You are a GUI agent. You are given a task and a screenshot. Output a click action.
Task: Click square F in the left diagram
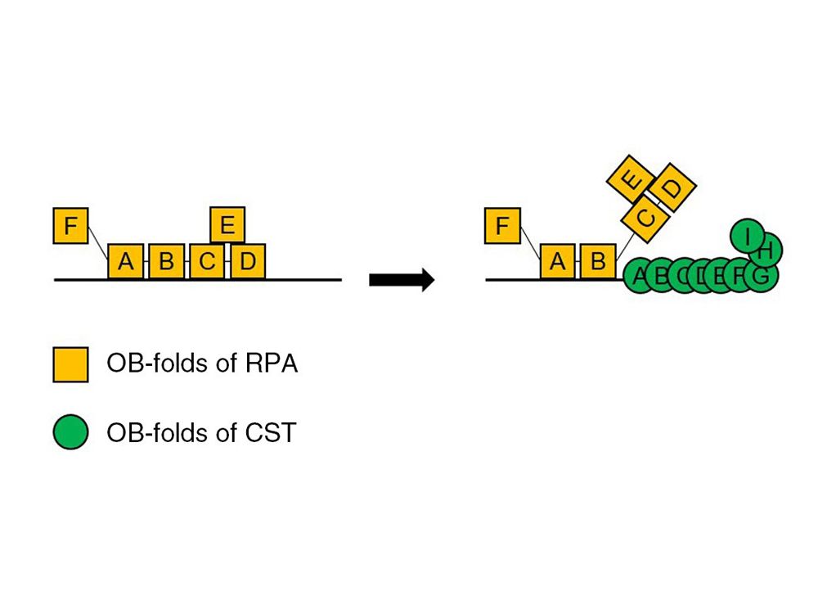(x=70, y=225)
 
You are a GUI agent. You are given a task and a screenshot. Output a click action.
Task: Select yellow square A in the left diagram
(x=125, y=261)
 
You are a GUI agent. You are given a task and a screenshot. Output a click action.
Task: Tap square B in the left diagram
(x=166, y=261)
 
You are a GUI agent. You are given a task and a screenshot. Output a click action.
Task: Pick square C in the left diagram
(x=207, y=261)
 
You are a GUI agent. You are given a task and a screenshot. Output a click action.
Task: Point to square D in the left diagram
(x=248, y=261)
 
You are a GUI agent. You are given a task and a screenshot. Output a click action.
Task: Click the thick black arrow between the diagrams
(x=401, y=280)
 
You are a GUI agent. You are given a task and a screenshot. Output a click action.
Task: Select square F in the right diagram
(x=502, y=225)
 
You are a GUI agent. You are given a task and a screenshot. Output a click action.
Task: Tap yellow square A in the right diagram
(x=557, y=261)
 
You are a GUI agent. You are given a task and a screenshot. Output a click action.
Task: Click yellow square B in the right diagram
(x=598, y=261)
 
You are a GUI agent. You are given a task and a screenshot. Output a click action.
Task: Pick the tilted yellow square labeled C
(x=646, y=218)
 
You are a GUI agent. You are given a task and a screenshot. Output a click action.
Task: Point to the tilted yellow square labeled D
(x=671, y=187)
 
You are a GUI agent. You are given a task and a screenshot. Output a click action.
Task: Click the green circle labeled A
(x=639, y=275)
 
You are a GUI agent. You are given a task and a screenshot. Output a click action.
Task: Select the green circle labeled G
(x=762, y=275)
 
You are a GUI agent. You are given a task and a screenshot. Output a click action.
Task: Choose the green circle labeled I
(x=746, y=235)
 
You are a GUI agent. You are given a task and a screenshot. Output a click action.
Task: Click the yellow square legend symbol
(x=70, y=364)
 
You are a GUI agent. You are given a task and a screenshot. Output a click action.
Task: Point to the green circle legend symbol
(x=70, y=432)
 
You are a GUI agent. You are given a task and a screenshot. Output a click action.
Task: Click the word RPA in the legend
(x=271, y=363)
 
